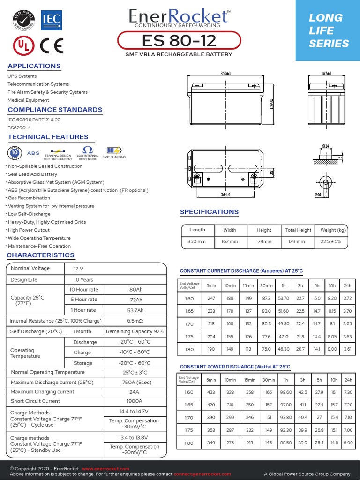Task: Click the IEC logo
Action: [51, 18]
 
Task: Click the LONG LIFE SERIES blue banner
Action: [328, 30]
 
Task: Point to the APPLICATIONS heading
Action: [34, 66]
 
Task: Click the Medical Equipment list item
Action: [28, 100]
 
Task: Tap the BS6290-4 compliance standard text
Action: [19, 127]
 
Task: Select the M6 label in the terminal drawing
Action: [317, 195]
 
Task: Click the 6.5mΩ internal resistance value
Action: [135, 321]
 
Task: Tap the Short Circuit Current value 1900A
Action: [135, 401]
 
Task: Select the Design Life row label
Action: [24, 280]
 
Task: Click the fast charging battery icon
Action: [113, 150]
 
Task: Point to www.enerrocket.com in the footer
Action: [105, 469]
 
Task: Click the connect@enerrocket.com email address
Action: [202, 474]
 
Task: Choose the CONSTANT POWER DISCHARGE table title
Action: [235, 367]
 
